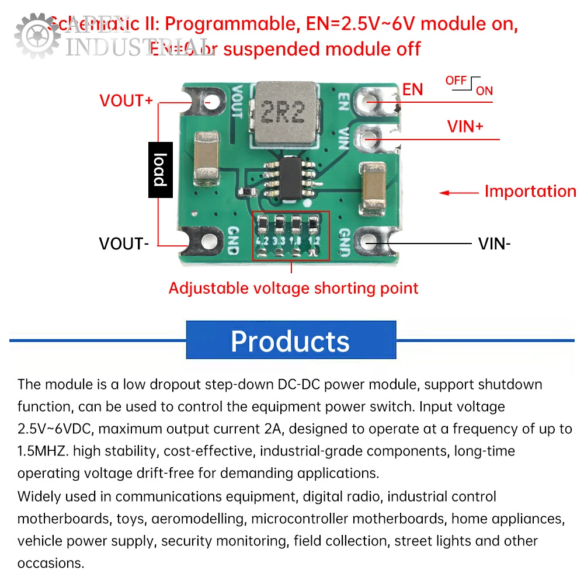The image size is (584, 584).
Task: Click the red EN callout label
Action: point(412,89)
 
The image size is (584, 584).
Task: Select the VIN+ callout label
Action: point(465,127)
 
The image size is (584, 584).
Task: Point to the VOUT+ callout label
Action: point(126,100)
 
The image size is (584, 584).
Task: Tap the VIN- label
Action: point(494,244)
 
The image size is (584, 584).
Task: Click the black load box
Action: point(160,169)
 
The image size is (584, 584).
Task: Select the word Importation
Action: point(530,192)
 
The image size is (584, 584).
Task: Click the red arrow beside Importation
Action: point(459,193)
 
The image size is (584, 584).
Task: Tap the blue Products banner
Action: point(290,340)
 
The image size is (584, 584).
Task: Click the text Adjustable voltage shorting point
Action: point(293,288)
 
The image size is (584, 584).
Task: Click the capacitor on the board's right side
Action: point(374,186)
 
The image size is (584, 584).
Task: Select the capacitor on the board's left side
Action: point(205,158)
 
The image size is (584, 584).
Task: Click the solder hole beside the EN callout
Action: point(370,100)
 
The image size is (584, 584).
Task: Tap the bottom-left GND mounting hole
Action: point(208,241)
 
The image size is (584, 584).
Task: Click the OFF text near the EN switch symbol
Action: point(456,80)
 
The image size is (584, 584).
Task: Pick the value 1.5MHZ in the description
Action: point(44,451)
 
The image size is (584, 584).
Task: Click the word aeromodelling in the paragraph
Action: point(199,519)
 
